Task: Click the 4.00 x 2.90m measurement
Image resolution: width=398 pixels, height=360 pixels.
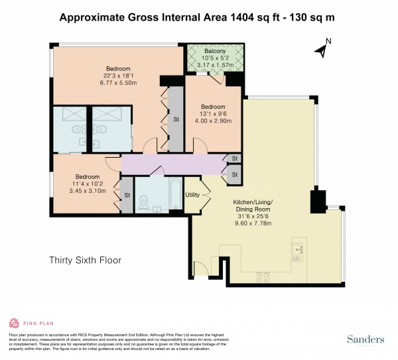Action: pos(214,121)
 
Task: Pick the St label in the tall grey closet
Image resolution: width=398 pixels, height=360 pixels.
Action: pos(176,120)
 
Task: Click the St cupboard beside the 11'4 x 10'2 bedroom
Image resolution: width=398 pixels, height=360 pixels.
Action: pos(126,196)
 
